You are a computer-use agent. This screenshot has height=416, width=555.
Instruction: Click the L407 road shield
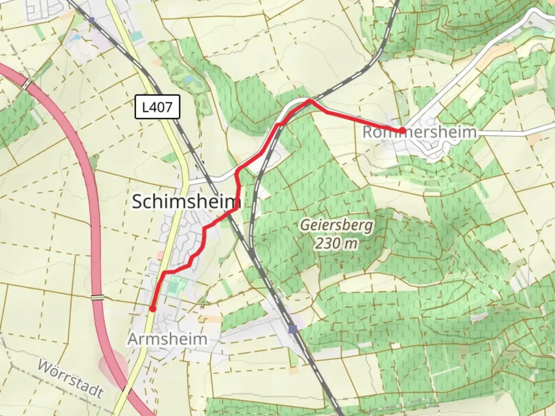coord(157,107)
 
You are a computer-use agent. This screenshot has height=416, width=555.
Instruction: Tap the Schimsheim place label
coord(186,201)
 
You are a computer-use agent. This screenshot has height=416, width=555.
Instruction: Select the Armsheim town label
coord(167,339)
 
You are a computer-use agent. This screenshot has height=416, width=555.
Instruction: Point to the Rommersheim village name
coord(419,132)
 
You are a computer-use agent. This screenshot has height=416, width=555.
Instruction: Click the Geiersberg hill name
coord(336,225)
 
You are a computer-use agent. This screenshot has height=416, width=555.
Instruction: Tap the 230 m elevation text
coord(336,243)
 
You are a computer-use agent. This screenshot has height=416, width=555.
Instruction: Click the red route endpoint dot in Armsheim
coord(153,309)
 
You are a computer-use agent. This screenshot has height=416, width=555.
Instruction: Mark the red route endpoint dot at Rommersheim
coord(402,131)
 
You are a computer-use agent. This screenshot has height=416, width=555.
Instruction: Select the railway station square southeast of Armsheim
coord(293,329)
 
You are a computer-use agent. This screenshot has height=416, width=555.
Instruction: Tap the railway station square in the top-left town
coord(91,20)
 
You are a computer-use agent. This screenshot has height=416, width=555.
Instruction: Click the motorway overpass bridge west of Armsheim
coord(98,297)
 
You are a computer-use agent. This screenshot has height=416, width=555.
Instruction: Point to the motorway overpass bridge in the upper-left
coord(27,84)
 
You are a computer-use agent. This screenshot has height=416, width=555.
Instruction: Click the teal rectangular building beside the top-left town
coord(136,37)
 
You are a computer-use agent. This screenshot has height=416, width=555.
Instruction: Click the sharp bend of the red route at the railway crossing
coord(309,101)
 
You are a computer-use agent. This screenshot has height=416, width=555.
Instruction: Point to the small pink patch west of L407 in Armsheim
coord(160,255)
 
